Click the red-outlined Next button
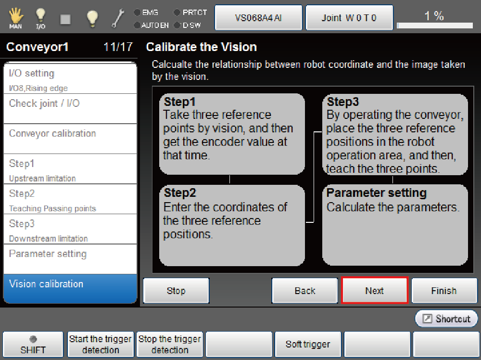click(375, 290)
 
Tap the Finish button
click(444, 290)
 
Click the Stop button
click(176, 290)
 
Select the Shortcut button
click(446, 319)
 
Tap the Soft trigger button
click(308, 344)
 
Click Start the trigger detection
click(101, 344)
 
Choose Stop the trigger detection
click(170, 344)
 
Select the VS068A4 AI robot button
click(258, 18)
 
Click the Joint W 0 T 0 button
click(349, 18)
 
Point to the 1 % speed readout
click(434, 16)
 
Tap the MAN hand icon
click(16, 18)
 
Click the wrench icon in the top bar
click(118, 18)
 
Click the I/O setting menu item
click(70, 78)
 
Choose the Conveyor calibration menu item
click(70, 139)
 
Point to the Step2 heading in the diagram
click(180, 193)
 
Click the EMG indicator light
click(137, 13)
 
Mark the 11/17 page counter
click(118, 47)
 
